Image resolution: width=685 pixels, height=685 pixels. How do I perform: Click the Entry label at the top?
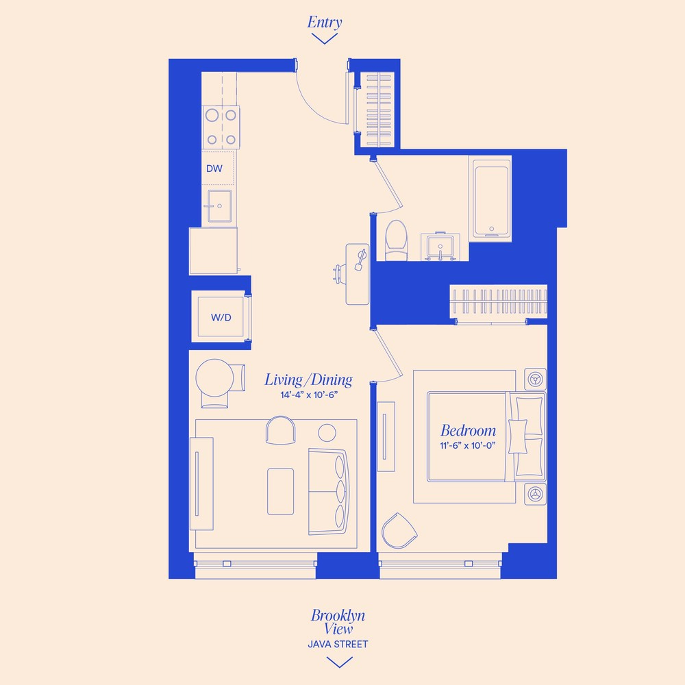324,22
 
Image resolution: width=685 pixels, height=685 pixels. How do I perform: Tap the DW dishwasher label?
213,168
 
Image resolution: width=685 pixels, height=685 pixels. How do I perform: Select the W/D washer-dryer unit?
220,316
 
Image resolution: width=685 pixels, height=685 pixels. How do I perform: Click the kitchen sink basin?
219,206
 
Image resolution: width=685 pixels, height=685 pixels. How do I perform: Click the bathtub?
490,198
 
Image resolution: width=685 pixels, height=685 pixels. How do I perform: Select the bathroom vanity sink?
438,246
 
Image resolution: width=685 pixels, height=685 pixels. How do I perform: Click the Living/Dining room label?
308,380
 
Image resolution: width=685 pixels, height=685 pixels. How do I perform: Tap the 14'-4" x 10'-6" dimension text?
308,395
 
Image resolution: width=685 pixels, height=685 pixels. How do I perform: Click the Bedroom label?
468,431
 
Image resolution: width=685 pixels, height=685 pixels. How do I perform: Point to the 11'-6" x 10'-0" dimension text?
468,445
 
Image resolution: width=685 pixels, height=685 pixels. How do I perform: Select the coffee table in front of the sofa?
280,490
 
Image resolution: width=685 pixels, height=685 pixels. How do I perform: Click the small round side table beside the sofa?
327,432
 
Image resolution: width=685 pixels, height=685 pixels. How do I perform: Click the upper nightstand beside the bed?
535,379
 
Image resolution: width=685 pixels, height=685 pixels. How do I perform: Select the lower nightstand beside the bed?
535,493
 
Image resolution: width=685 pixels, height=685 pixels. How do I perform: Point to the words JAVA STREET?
338,645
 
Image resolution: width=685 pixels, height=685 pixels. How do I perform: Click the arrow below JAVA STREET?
339,662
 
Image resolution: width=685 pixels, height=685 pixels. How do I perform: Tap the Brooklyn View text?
338,622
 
